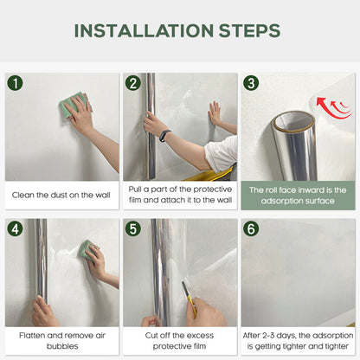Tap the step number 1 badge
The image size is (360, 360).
tap(15, 84)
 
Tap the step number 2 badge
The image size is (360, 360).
tap(132, 84)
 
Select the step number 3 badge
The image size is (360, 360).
tap(251, 84)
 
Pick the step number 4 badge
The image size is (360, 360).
tap(15, 229)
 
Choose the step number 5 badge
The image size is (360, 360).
tap(132, 229)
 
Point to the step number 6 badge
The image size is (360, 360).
tap(251, 229)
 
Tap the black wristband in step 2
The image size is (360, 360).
tap(164, 135)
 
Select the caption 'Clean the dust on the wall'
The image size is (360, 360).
tap(61, 195)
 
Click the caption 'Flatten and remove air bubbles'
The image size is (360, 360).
tap(61, 339)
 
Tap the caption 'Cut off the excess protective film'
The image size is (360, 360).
tap(179, 339)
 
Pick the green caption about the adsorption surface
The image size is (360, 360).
tap(298, 195)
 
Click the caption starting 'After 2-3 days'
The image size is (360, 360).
tap(298, 339)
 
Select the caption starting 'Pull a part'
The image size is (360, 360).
tap(179, 195)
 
